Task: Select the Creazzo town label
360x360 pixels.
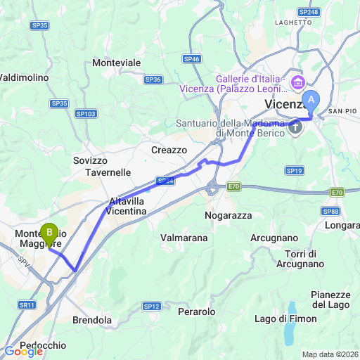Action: click(168, 150)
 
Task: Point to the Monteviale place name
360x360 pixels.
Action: click(117, 63)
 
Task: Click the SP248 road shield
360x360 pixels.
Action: click(308, 12)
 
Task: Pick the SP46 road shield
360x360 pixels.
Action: click(192, 59)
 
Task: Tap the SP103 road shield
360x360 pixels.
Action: click(86, 113)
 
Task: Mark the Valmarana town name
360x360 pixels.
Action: click(184, 238)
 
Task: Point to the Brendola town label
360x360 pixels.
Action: click(92, 320)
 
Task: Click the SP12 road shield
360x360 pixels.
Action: click(152, 306)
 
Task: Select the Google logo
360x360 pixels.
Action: click(23, 352)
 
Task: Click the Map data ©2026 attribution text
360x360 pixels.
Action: click(330, 354)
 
